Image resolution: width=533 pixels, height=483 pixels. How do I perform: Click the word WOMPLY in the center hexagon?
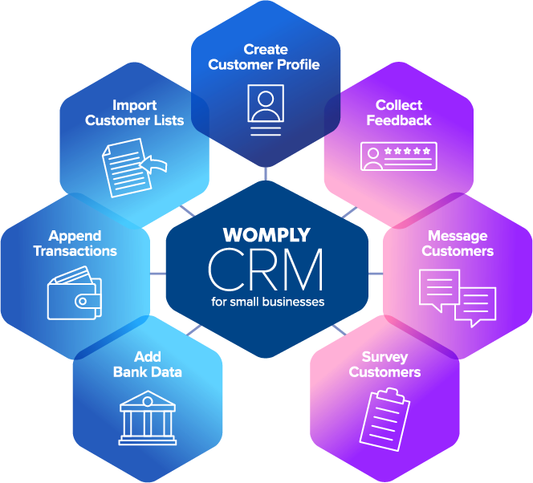[266, 236]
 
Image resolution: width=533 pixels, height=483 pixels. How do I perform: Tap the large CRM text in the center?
[266, 270]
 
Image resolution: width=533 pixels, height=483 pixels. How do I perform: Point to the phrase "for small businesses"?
[266, 302]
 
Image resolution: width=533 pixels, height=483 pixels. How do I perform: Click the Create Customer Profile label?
[264, 57]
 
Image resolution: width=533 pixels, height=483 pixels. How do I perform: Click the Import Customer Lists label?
[135, 113]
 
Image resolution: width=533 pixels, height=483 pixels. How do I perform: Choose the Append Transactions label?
[75, 243]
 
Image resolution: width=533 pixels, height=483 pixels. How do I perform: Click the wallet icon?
[74, 296]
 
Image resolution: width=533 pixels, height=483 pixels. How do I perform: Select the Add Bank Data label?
[147, 364]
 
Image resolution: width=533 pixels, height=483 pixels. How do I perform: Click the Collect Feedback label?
[399, 113]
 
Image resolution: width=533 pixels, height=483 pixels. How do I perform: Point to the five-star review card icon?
[399, 156]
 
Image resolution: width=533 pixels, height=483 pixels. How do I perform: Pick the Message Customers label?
[458, 243]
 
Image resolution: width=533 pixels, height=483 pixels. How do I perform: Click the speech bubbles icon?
[458, 295]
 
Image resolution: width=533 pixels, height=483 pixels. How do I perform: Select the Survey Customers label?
[385, 364]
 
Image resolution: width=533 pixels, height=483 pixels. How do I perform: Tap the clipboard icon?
[384, 418]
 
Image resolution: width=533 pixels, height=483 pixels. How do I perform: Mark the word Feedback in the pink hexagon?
[399, 120]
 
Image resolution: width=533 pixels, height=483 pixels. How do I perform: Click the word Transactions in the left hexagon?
[75, 251]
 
